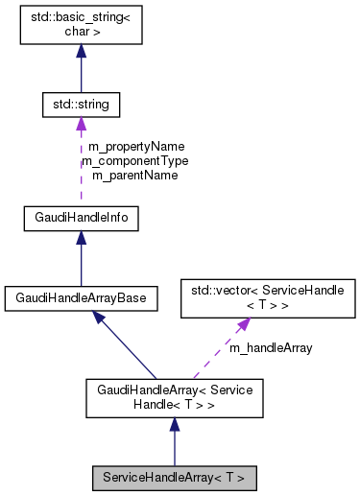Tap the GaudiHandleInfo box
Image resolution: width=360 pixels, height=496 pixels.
(82, 219)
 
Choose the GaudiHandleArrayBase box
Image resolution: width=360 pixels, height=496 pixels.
(82, 298)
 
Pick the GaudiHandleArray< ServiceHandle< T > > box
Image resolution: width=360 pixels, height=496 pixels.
(174, 397)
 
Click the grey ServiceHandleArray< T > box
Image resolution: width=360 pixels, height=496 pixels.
(174, 476)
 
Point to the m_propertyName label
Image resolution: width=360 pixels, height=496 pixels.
(134, 148)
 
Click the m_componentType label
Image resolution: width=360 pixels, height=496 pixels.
(134, 161)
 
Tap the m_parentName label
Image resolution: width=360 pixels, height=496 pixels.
(134, 175)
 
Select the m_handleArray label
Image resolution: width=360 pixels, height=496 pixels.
(270, 348)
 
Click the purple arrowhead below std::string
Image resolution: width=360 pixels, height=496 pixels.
(82, 123)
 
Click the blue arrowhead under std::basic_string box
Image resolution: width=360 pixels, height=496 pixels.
(82, 52)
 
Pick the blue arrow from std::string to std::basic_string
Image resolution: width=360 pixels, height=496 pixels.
(82, 72)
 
